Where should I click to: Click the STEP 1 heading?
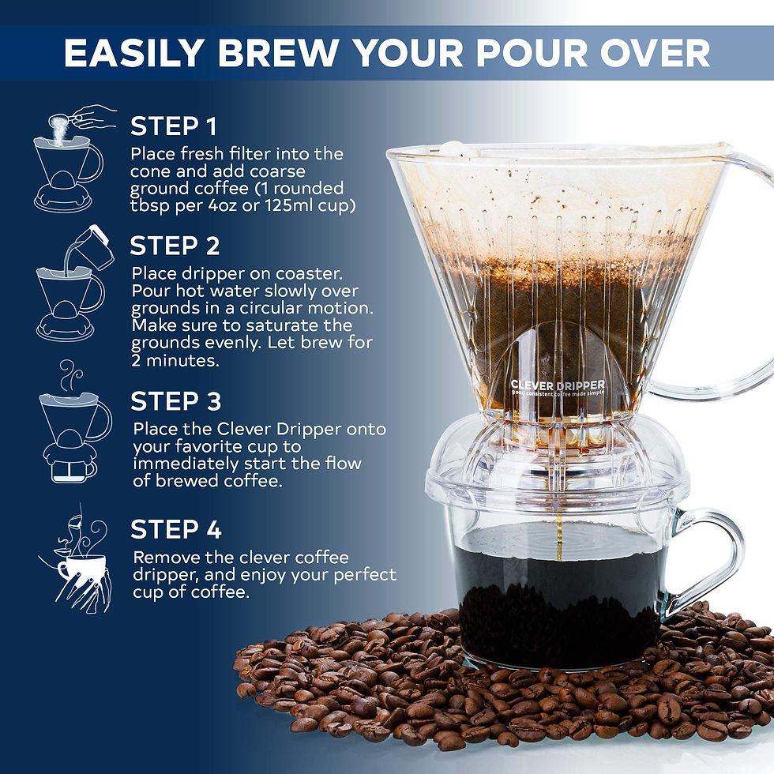coord(173,126)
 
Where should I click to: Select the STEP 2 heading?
coord(175,246)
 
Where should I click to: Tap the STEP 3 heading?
coord(175,401)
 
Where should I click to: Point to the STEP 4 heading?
coord(176,529)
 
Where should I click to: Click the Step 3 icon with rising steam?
coord(73,423)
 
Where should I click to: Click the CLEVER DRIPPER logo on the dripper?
coord(557,387)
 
